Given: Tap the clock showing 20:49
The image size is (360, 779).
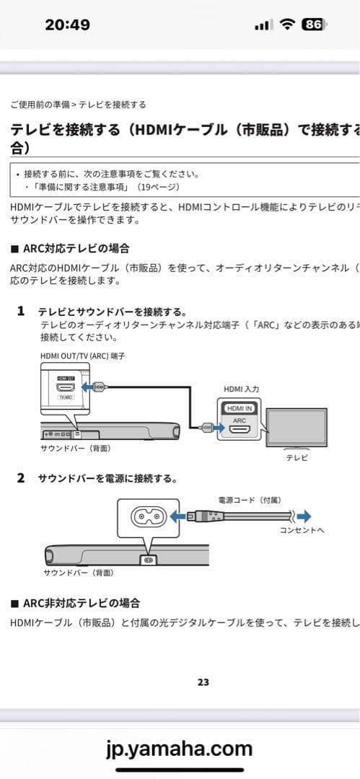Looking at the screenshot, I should pyautogui.click(x=67, y=25).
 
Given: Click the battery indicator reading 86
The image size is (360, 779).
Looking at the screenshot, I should pyautogui.click(x=313, y=25).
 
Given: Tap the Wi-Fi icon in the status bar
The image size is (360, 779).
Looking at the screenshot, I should pyautogui.click(x=287, y=25).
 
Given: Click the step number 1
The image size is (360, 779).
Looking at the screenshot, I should pyautogui.click(x=21, y=312).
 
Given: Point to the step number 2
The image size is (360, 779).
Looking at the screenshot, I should pyautogui.click(x=21, y=477).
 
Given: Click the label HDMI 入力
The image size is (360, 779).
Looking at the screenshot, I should pyautogui.click(x=241, y=389).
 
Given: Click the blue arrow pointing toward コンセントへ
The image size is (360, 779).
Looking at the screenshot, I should pyautogui.click(x=304, y=516).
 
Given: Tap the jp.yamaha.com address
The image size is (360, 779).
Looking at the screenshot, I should pyautogui.click(x=180, y=748).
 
